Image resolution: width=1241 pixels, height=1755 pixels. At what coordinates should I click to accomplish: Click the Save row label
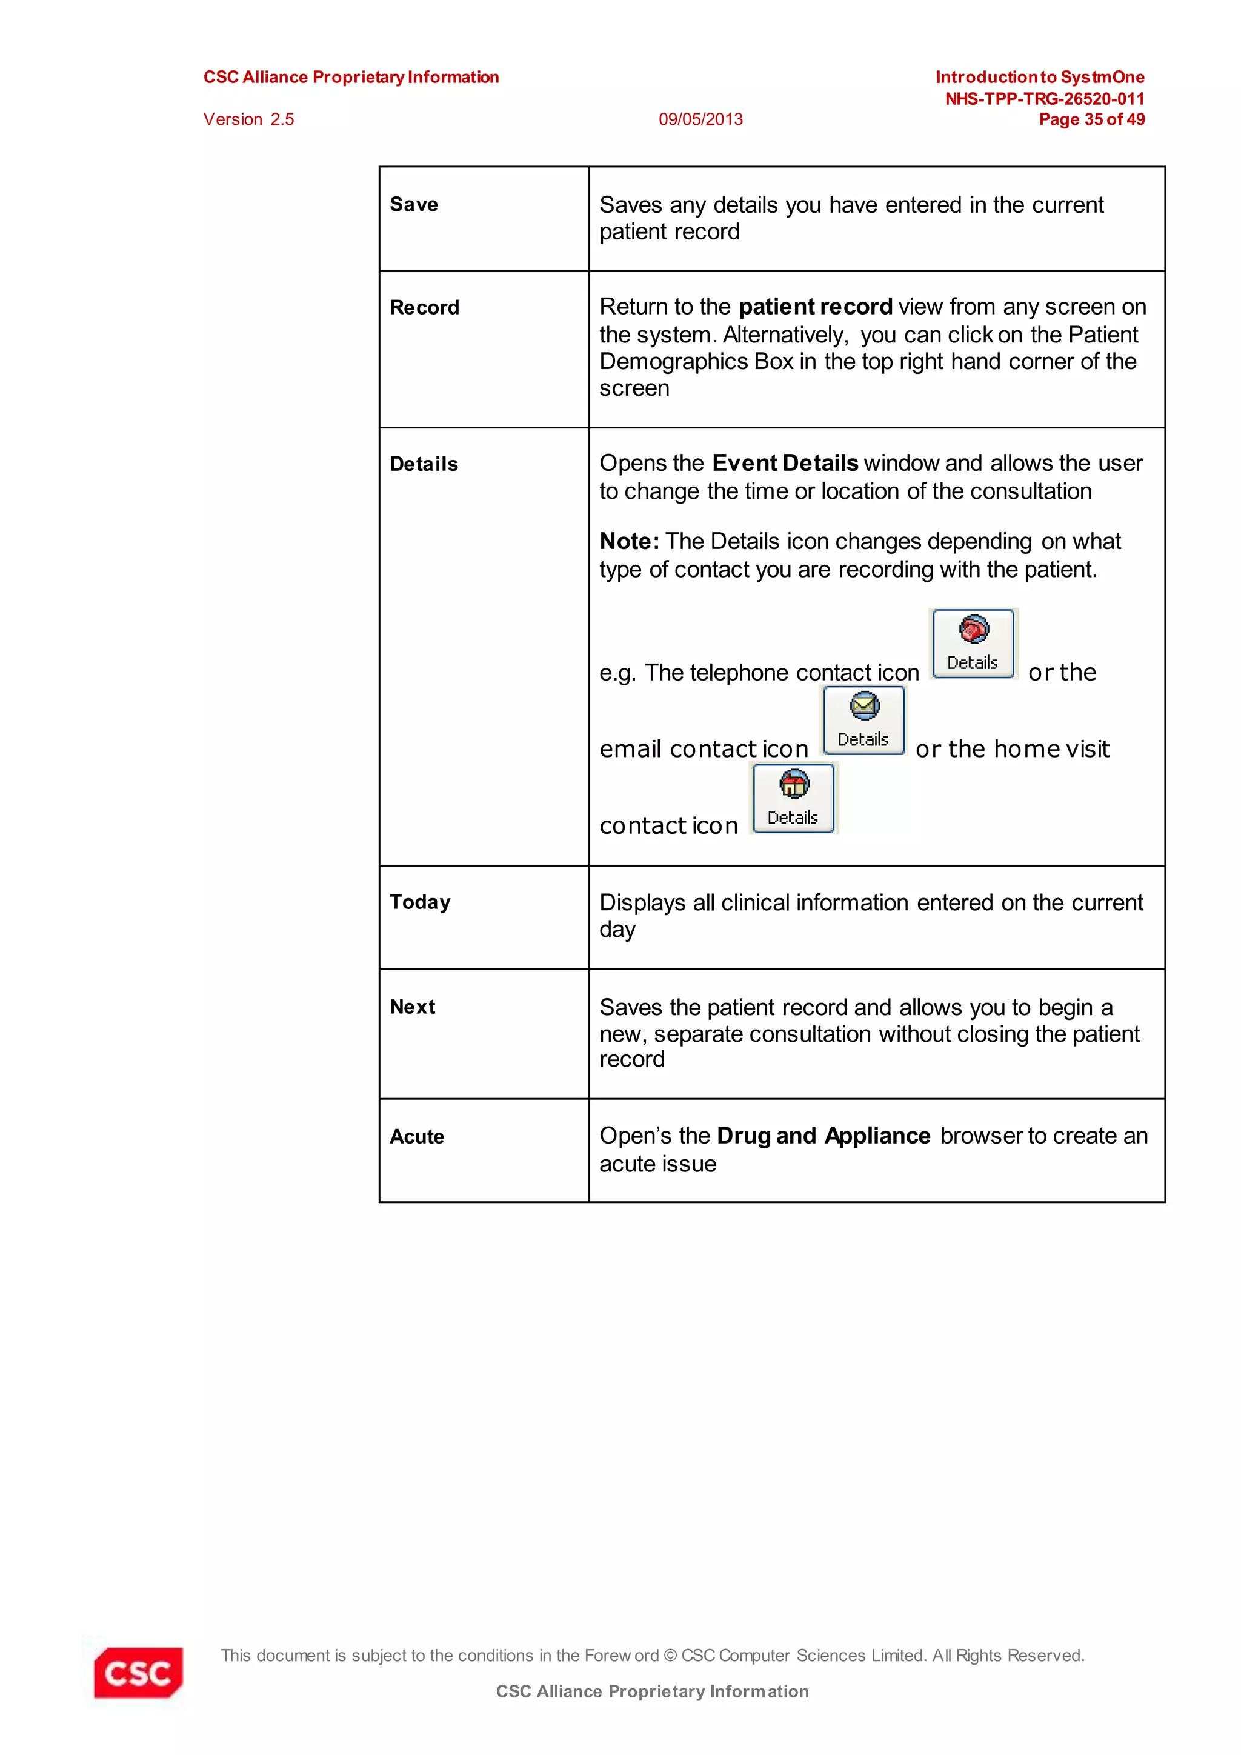tap(413, 205)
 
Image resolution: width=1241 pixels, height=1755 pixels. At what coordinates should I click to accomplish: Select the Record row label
tap(424, 308)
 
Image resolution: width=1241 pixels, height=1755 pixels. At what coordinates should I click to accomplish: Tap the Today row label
tap(419, 903)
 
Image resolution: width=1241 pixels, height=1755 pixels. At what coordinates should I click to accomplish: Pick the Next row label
tap(412, 1007)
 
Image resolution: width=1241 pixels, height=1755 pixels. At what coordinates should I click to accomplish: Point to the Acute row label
tap(416, 1137)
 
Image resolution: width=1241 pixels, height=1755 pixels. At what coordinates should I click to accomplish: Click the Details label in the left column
tap(424, 465)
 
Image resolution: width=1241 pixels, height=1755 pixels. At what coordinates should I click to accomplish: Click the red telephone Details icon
tap(973, 644)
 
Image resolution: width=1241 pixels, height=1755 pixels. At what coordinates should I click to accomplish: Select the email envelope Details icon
tap(863, 721)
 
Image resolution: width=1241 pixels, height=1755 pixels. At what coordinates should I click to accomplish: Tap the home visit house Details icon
tap(793, 798)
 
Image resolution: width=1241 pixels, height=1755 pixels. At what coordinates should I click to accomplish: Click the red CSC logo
tap(138, 1673)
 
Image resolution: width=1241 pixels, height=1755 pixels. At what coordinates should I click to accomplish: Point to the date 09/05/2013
tap(700, 119)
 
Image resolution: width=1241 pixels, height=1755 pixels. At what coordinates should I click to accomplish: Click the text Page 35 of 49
tap(1091, 119)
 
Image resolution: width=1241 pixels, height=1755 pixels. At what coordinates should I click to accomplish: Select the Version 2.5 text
tap(248, 119)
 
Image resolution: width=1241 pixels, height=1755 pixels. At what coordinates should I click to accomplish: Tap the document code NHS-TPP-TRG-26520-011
tap(1044, 99)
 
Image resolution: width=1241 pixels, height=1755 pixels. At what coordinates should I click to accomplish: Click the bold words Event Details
tap(785, 463)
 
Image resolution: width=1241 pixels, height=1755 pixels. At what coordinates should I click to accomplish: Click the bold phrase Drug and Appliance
tap(823, 1136)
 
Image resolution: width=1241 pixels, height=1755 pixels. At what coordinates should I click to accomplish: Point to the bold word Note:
tap(629, 542)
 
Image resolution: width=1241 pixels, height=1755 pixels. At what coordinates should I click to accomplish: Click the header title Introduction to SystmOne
tap(1039, 77)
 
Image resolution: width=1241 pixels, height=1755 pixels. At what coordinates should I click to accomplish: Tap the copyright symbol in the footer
tap(670, 1656)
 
